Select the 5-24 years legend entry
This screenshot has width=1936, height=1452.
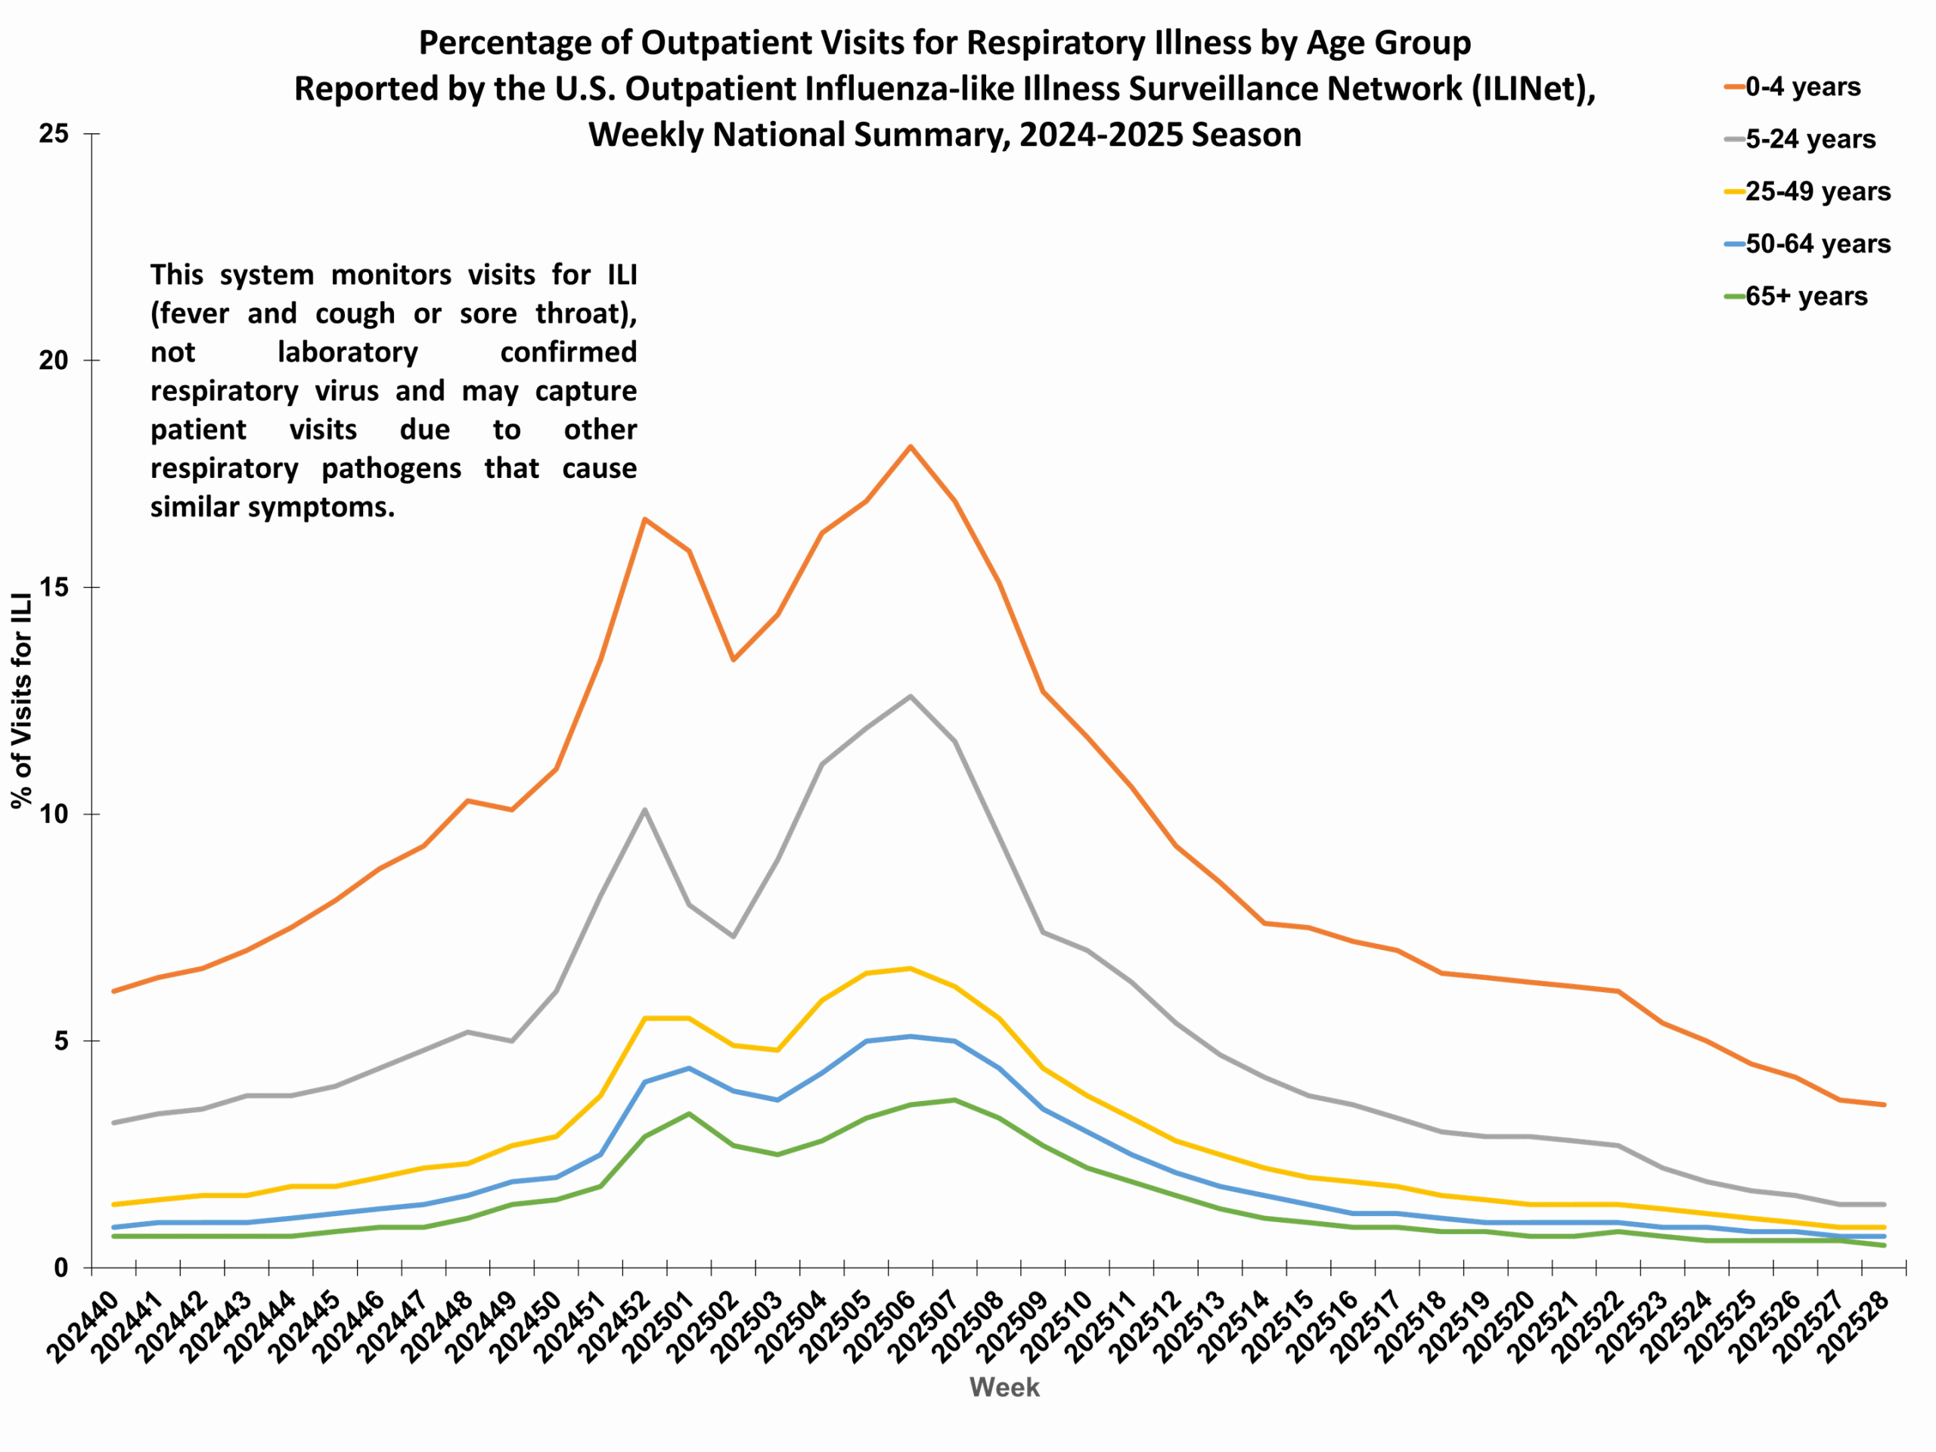(x=1809, y=140)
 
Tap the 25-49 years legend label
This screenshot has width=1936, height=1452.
(x=1817, y=191)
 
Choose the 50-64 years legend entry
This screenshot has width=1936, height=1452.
(x=1817, y=244)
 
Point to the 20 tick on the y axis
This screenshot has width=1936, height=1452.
(x=54, y=361)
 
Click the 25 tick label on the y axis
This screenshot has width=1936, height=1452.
(x=54, y=134)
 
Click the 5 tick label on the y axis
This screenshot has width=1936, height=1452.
(x=61, y=1041)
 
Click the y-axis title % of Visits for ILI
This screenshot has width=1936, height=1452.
(x=22, y=700)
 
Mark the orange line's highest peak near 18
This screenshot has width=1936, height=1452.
(x=911, y=446)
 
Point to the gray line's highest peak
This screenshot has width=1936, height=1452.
(x=911, y=696)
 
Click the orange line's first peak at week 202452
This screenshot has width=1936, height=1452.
(x=644, y=519)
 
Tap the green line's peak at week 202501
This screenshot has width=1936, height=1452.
(x=689, y=1113)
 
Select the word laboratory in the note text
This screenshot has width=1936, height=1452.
(x=347, y=352)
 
